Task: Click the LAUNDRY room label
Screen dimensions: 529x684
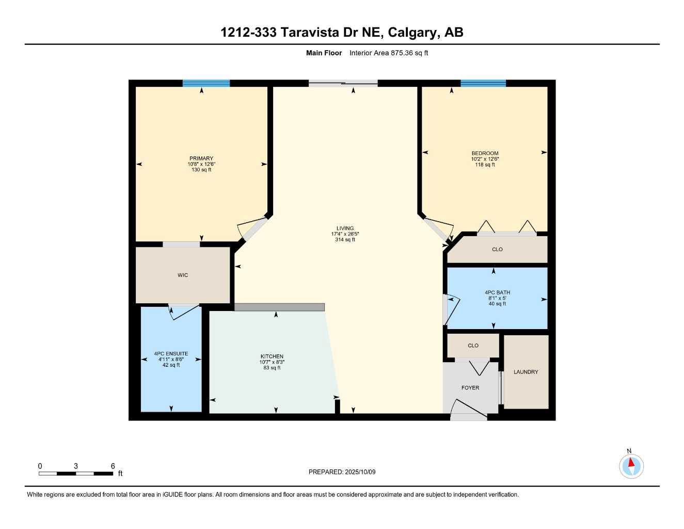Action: (526, 372)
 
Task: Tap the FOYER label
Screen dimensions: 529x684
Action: (470, 387)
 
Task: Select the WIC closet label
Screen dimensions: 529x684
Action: (183, 275)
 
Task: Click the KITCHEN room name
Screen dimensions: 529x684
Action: (272, 356)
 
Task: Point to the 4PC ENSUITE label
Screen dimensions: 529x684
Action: (171, 354)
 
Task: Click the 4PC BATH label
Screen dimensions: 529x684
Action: (497, 292)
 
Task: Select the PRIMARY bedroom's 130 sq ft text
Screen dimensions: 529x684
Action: (201, 170)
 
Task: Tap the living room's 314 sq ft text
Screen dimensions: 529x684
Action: (345, 240)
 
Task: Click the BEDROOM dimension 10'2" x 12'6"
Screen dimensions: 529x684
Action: (485, 159)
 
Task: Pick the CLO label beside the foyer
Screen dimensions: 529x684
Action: (473, 346)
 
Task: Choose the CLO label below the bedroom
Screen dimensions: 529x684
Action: (497, 250)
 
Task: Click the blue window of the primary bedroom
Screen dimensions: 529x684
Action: (206, 83)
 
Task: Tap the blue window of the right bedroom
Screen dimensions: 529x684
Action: (483, 83)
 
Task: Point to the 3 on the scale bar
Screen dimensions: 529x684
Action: (76, 466)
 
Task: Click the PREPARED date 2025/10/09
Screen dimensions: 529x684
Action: (360, 472)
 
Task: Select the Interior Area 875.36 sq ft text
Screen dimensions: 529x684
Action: (389, 53)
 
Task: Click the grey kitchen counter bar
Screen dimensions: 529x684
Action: (279, 307)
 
